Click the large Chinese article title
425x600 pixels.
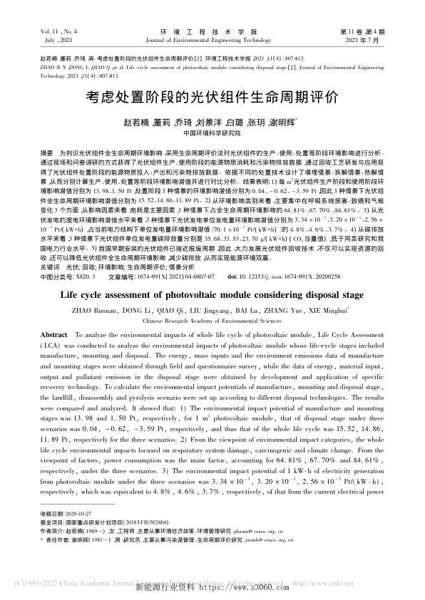coord(212,95)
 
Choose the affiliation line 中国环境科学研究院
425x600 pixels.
coord(212,133)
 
